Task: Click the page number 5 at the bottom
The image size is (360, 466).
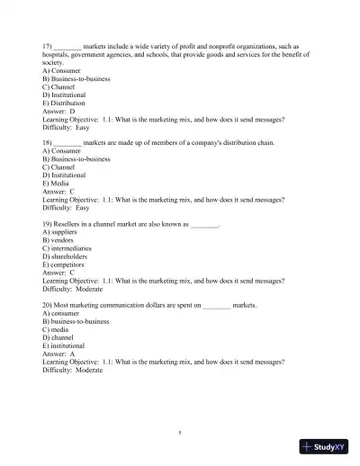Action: (180, 433)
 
